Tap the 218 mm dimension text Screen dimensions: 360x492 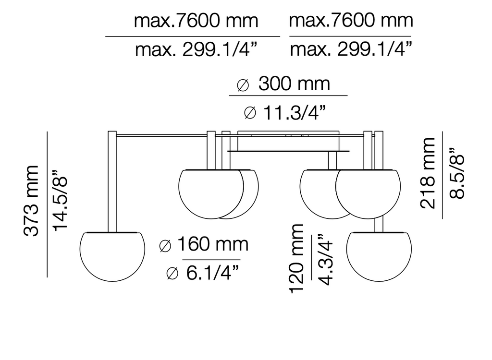click(x=428, y=173)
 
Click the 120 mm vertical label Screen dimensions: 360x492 click(x=296, y=258)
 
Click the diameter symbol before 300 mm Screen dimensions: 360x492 click(x=243, y=85)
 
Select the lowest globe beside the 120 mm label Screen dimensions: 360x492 click(x=379, y=259)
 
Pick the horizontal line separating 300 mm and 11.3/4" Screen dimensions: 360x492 click(x=288, y=96)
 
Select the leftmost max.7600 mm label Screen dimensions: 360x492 click(x=196, y=21)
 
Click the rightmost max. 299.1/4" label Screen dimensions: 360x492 click(x=352, y=49)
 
